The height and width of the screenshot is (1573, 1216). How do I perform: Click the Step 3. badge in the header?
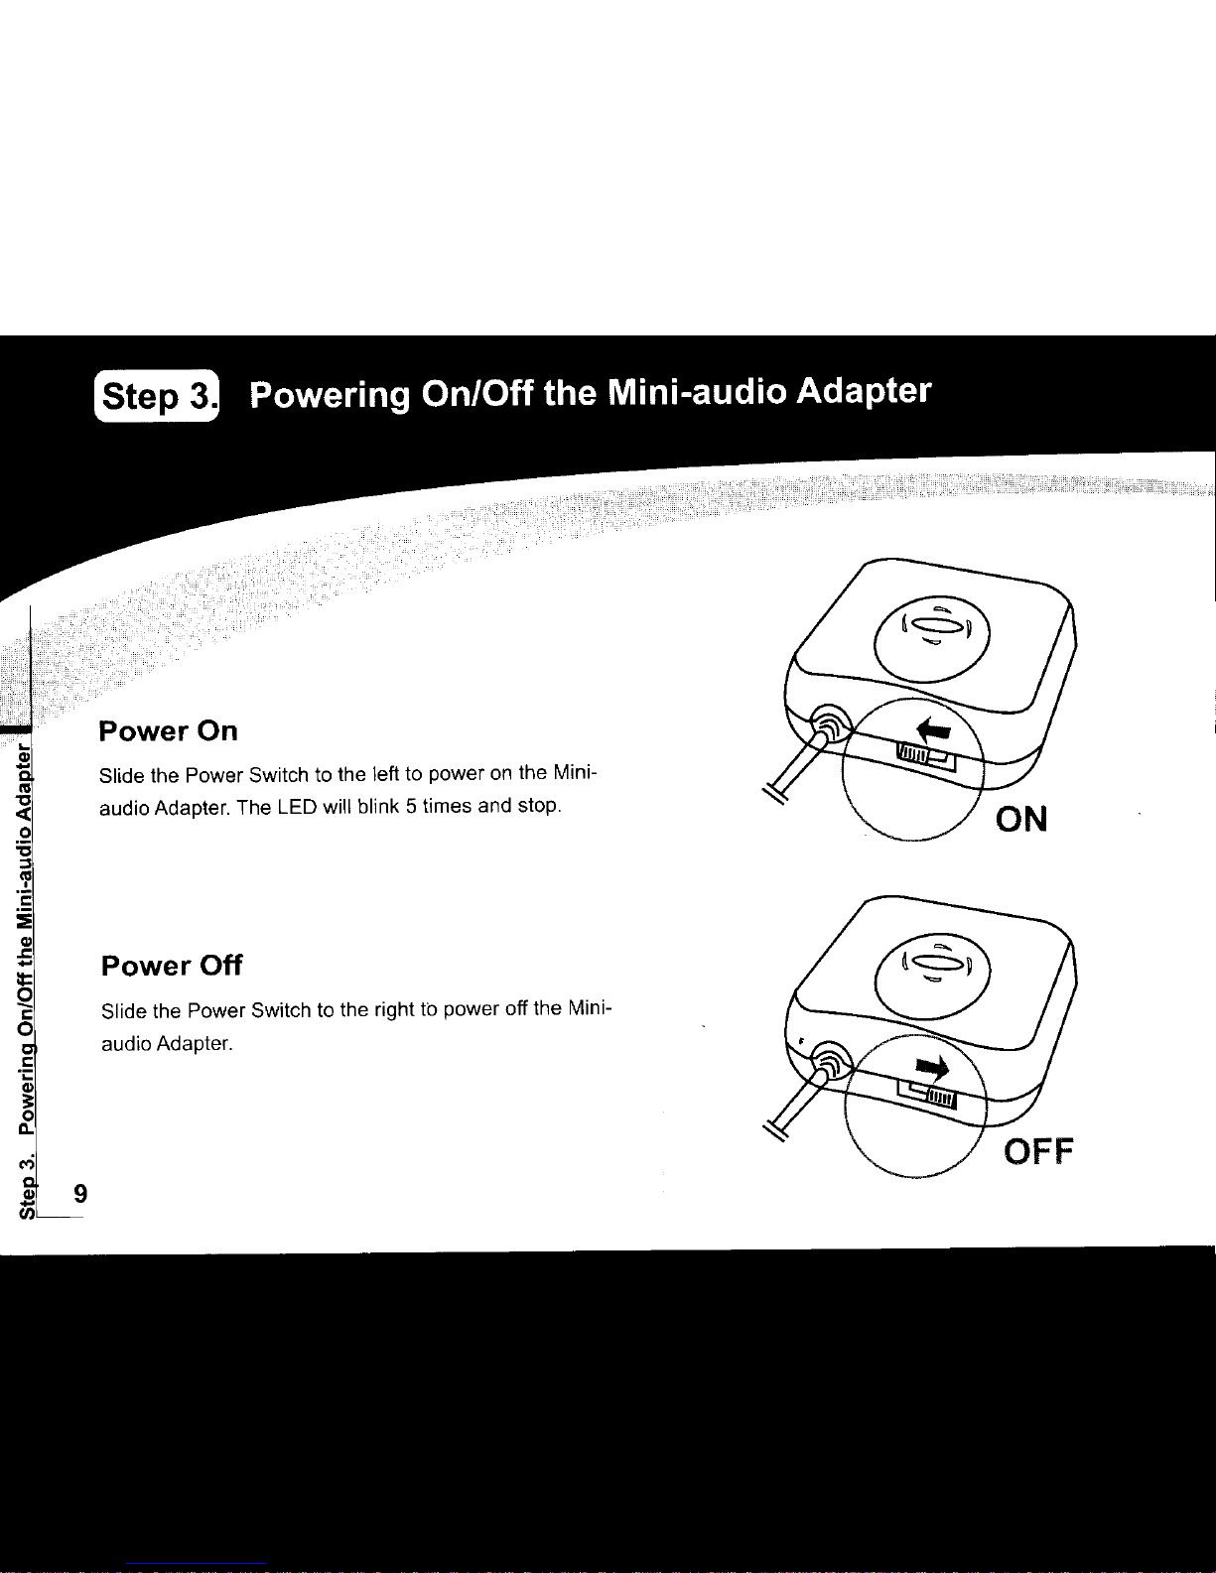tap(157, 397)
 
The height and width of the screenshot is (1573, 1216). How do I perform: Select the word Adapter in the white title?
tap(864, 392)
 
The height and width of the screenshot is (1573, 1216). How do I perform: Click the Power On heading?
tap(168, 731)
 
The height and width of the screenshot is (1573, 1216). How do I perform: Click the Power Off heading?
tap(172, 966)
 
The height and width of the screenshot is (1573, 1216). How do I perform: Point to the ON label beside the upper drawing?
tap(1021, 820)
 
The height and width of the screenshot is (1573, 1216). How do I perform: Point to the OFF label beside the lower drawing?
tap(1038, 1151)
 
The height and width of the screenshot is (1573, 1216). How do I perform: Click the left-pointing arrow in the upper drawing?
tap(933, 729)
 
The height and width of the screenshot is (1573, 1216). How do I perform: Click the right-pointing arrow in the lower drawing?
tap(932, 1066)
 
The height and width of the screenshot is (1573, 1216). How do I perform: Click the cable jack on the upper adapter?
tap(830, 724)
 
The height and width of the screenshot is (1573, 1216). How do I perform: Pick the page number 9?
tap(80, 1193)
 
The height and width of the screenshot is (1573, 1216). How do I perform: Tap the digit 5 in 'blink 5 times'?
tap(410, 807)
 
